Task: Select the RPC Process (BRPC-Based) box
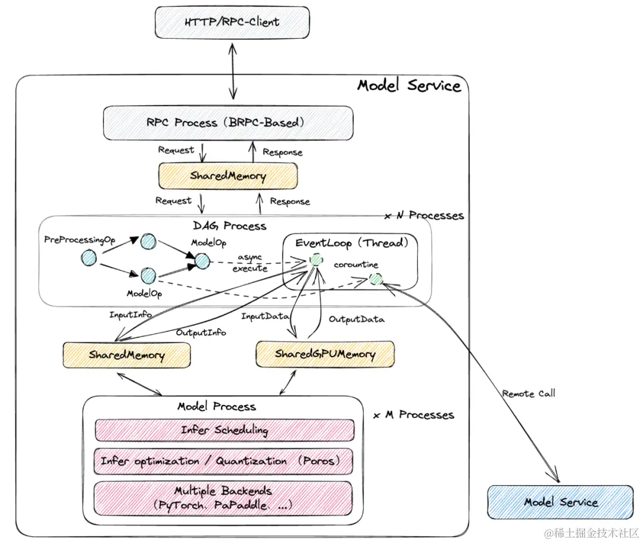227,123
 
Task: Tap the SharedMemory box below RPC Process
227,176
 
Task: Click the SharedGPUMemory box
325,354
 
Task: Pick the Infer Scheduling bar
224,430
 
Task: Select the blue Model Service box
560,502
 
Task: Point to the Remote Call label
529,394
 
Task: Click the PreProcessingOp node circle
89,258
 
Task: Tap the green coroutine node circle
375,279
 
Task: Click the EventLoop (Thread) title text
351,242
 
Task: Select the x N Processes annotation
424,215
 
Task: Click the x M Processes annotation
414,415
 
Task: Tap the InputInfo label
130,314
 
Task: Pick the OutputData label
357,319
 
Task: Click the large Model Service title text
409,85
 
